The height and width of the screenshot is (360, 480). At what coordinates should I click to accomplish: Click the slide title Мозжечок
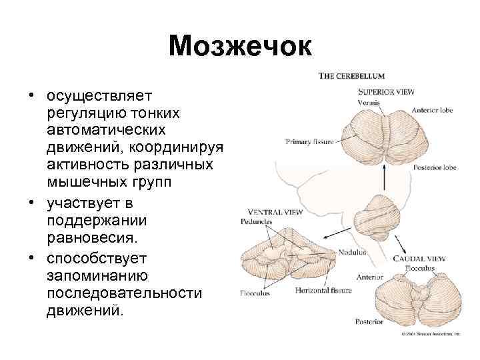(240, 46)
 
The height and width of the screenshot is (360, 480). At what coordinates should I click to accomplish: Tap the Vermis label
(369, 103)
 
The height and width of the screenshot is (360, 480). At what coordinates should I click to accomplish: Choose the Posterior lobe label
(435, 168)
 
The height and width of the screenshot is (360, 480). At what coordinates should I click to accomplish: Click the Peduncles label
(256, 221)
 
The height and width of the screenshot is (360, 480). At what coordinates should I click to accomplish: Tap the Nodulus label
(353, 253)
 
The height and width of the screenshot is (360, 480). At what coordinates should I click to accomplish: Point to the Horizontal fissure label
(327, 291)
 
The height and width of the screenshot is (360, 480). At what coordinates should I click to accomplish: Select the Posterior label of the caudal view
(369, 322)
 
